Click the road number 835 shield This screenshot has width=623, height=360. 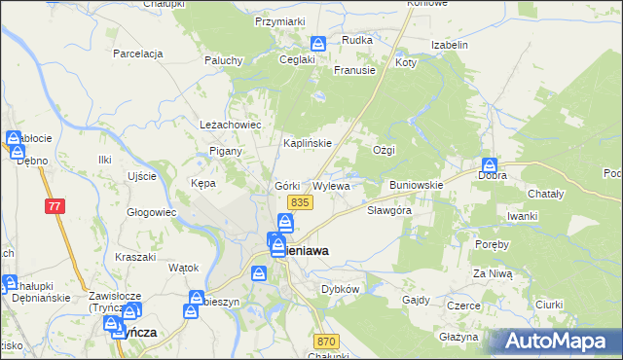click(299, 201)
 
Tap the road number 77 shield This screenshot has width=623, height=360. click(55, 206)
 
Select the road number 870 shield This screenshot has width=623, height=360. click(326, 342)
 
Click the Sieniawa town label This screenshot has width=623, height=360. click(306, 250)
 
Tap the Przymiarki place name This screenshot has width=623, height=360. click(279, 20)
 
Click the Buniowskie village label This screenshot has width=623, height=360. click(417, 184)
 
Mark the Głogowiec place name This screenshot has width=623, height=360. click(151, 212)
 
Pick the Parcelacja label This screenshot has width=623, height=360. click(136, 54)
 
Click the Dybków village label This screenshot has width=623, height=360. click(341, 289)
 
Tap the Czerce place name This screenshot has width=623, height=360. click(463, 306)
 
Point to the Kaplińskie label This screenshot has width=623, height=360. click(308, 143)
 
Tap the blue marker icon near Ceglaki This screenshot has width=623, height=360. click(318, 44)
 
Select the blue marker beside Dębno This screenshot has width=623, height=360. click(18, 152)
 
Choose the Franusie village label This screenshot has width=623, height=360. click(354, 70)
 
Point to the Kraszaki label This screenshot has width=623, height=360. click(135, 257)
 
